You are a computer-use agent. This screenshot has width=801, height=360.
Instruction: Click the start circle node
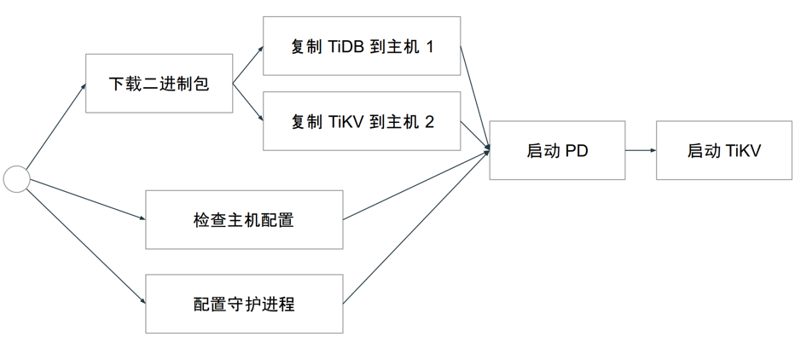point(17,179)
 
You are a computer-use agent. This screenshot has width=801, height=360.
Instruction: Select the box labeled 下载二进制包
point(159,84)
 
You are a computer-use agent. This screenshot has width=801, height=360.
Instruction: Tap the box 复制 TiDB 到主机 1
point(362,46)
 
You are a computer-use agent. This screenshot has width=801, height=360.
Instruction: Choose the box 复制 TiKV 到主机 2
point(362,121)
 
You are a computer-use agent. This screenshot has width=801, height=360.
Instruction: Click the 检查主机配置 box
point(244,220)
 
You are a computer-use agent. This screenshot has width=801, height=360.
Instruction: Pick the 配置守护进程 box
point(244,304)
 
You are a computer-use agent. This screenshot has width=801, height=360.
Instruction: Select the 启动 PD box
point(557,150)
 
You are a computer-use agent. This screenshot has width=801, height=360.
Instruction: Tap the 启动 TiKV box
point(723,150)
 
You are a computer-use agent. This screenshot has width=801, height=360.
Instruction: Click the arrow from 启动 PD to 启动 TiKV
point(640,150)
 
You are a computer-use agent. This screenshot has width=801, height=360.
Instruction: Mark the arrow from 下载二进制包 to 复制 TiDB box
point(248,66)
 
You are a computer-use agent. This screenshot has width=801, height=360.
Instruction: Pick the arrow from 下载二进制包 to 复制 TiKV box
point(248,103)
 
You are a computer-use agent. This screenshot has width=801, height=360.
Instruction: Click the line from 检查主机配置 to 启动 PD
point(416,184)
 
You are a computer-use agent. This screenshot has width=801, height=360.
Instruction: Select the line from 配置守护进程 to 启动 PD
point(416,226)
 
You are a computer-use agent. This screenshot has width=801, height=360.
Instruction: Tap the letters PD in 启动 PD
point(577,151)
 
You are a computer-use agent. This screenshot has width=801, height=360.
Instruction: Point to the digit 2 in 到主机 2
point(429,122)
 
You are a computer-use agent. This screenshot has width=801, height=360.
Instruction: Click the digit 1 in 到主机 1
point(429,47)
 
